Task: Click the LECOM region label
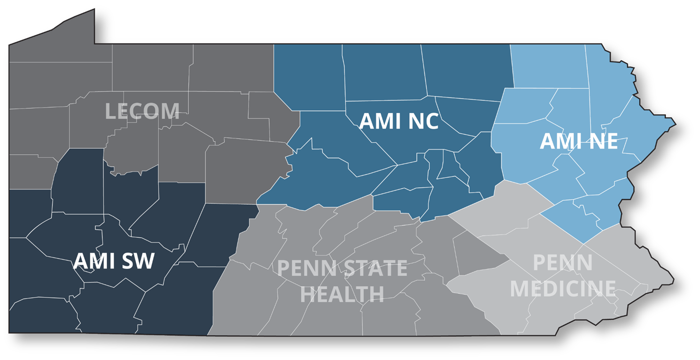tap(142, 111)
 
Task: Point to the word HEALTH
tap(342, 294)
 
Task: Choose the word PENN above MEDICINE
tap(562, 263)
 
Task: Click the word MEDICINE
tap(562, 288)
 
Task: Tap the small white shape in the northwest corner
tap(54, 23)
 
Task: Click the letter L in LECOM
tap(110, 111)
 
